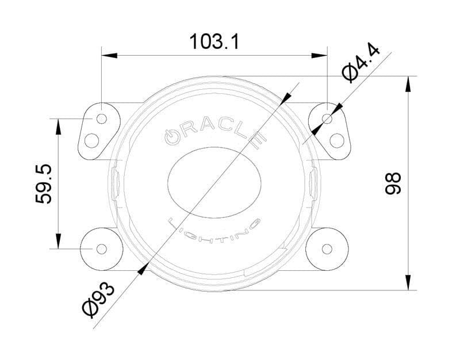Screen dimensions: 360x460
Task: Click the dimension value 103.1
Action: [x=214, y=41]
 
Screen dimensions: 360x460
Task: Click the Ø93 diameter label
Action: [x=98, y=299]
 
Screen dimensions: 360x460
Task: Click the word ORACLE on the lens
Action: [x=213, y=131]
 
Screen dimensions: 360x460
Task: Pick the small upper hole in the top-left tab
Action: [x=102, y=118]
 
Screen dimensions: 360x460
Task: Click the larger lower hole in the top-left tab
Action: [x=91, y=140]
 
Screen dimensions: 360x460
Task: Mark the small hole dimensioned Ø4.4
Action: [x=327, y=118]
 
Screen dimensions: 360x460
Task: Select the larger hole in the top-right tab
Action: [x=337, y=140]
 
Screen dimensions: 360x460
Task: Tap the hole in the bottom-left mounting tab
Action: [x=101, y=248]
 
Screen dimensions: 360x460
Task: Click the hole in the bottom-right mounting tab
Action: [x=327, y=248]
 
